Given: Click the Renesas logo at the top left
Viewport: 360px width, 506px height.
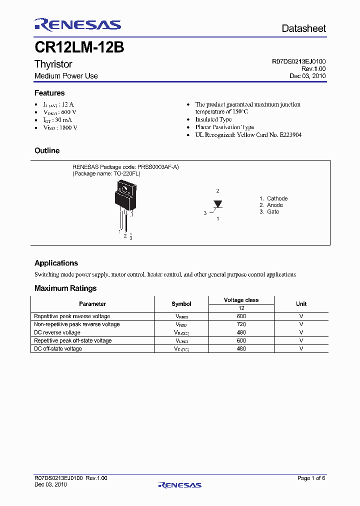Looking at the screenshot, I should (77, 24).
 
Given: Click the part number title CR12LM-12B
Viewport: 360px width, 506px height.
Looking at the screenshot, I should (79, 48).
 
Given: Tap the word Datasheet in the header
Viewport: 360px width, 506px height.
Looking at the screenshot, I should (303, 28).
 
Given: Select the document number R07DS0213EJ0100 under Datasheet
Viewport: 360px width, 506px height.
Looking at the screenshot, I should (298, 61).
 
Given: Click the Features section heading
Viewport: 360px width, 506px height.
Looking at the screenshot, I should (49, 93).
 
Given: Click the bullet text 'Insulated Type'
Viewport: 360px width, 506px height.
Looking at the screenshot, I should (213, 119).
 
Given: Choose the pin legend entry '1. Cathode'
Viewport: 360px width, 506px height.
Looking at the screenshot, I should (273, 198).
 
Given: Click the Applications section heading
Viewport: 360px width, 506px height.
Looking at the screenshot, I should (56, 263).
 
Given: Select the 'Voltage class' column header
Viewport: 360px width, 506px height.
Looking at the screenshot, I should (241, 300).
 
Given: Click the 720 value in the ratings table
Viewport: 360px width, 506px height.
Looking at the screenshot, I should (241, 324).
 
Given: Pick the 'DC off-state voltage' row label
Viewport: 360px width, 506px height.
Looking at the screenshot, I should (58, 348).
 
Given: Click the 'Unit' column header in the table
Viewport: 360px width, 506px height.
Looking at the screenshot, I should (301, 303).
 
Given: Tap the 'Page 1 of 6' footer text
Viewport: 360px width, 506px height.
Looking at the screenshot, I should (311, 478).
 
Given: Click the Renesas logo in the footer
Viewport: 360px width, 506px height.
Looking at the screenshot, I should (179, 484).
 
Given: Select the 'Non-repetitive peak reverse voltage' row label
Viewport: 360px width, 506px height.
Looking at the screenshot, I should (76, 324).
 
